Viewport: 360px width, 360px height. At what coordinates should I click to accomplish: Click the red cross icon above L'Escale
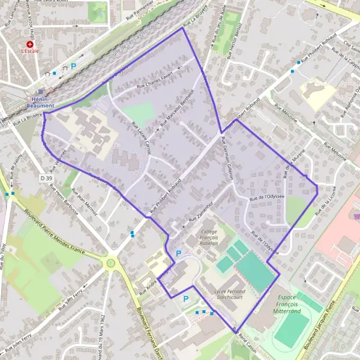tap(29, 44)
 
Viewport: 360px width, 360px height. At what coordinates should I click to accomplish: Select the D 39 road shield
tap(46, 178)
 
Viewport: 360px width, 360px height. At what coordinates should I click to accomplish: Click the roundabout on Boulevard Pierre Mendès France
tap(110, 262)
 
